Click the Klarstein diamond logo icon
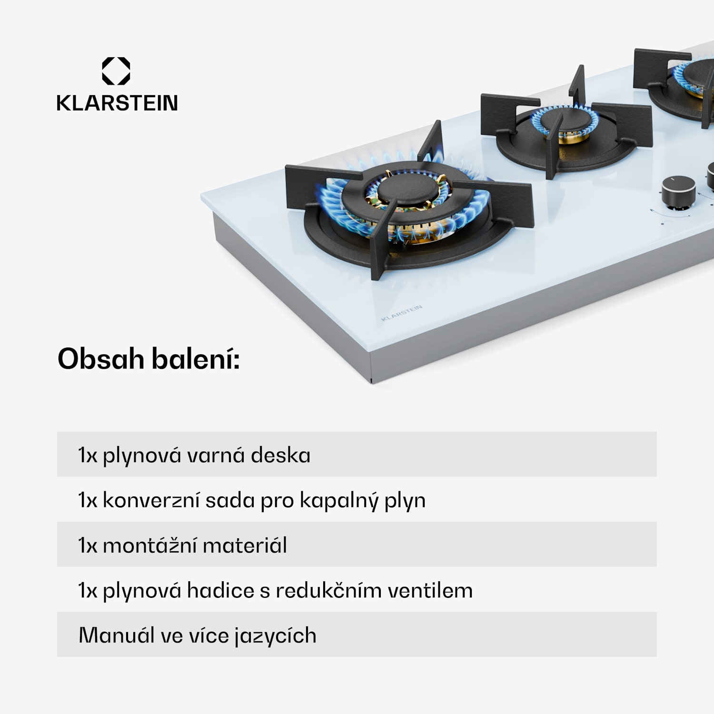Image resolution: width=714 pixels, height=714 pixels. pyautogui.click(x=116, y=71)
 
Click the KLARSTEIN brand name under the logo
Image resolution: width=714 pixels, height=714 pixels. pyautogui.click(x=117, y=103)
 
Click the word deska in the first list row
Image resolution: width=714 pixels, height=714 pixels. pyautogui.click(x=280, y=455)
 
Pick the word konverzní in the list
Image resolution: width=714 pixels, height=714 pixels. pyautogui.click(x=151, y=500)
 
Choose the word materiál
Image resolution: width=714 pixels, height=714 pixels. pyautogui.click(x=245, y=545)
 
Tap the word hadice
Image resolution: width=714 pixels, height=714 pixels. pyautogui.click(x=220, y=590)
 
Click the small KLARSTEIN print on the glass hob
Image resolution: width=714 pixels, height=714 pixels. pyautogui.click(x=402, y=313)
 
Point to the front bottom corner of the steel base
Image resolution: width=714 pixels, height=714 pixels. pyautogui.click(x=372, y=380)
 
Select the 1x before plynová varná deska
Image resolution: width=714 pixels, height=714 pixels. pyautogui.click(x=88, y=455)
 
